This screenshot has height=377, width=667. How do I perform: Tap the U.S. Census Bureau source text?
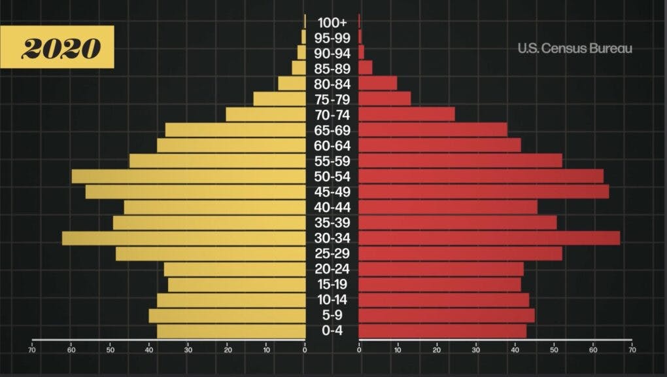click(x=575, y=48)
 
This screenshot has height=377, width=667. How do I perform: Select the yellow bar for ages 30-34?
click(x=183, y=238)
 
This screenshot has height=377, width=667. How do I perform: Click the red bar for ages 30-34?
click(x=489, y=238)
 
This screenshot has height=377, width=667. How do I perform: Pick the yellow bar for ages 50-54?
click(x=188, y=177)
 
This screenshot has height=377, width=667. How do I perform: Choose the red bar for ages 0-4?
click(x=443, y=331)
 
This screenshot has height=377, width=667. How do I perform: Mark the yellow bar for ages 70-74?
click(x=265, y=115)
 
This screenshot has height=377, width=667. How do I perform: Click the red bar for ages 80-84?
click(x=378, y=84)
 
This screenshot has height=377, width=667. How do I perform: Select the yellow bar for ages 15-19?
click(x=236, y=285)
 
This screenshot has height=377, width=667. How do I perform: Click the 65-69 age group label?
click(x=332, y=130)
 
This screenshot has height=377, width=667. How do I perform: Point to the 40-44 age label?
click(x=332, y=207)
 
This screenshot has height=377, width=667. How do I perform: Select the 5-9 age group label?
click(x=332, y=315)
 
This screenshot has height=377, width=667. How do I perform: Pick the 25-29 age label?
click(x=332, y=253)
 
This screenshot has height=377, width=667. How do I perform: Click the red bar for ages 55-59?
click(x=460, y=161)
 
